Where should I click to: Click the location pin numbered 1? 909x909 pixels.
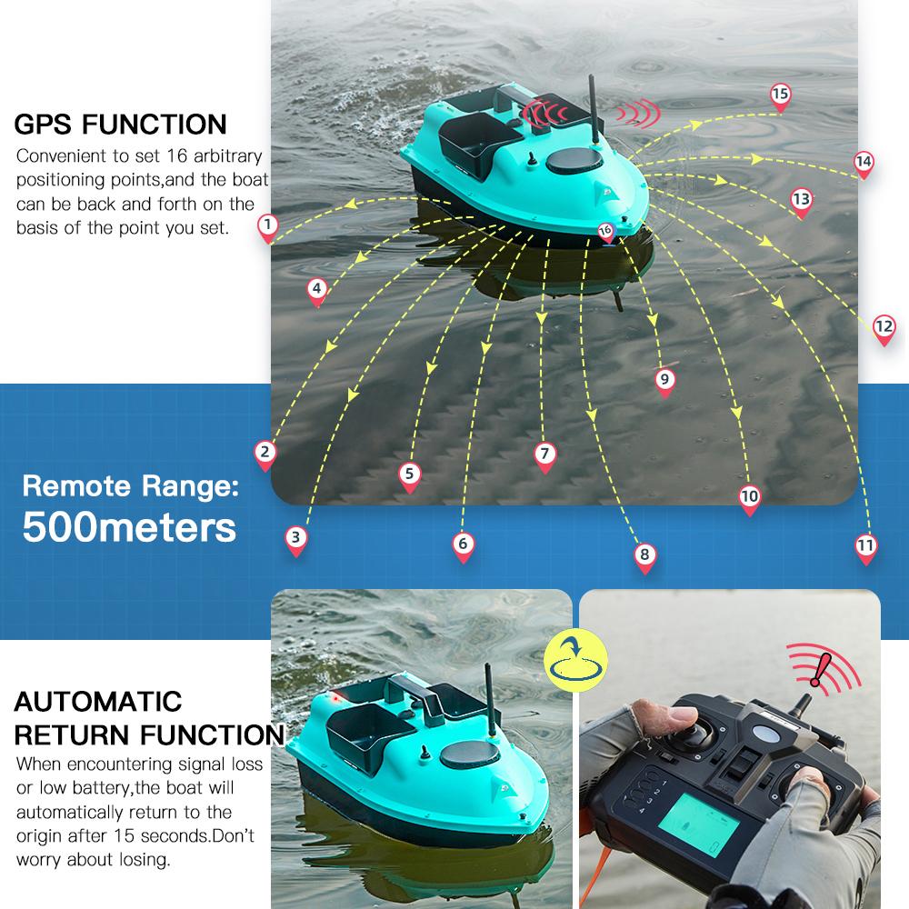click(267, 226)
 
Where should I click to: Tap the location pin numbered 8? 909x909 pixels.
click(644, 556)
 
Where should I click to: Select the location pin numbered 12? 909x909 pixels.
click(884, 328)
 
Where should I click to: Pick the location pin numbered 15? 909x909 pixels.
click(780, 95)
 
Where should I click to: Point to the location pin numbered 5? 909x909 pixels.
click(409, 474)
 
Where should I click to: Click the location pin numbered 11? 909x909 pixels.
click(865, 547)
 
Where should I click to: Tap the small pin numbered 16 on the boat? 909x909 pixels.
click(606, 232)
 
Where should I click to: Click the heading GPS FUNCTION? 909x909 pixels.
click(120, 124)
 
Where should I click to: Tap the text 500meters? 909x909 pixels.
click(129, 526)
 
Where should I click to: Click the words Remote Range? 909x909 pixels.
click(130, 485)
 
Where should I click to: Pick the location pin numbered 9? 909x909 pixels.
click(664, 381)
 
